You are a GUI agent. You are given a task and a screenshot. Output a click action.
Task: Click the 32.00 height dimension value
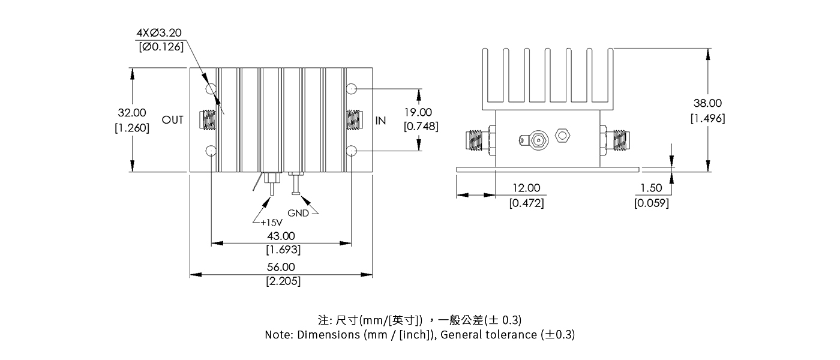tap(132, 113)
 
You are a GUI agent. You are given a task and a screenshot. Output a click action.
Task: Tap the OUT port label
tap(173, 121)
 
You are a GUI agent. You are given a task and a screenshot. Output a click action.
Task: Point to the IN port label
tap(380, 121)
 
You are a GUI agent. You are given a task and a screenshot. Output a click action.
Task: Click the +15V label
tap(272, 222)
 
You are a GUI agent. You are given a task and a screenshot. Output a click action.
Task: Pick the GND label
tap(298, 213)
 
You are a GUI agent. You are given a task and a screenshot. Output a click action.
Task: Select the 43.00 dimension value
tap(281, 236)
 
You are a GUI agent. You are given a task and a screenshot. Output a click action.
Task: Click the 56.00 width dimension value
tap(281, 267)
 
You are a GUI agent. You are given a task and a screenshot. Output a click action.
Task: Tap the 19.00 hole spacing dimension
tap(418, 112)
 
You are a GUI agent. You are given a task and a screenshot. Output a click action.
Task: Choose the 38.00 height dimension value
tap(708, 104)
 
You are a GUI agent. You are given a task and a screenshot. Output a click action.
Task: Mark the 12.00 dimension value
tap(526, 189)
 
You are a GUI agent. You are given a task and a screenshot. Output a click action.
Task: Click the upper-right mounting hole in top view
tap(352, 89)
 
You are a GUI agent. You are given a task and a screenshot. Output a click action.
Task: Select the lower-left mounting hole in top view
tap(211, 150)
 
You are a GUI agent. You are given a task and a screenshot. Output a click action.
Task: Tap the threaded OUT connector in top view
tap(209, 120)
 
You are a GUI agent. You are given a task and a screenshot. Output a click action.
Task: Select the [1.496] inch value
tap(707, 118)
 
